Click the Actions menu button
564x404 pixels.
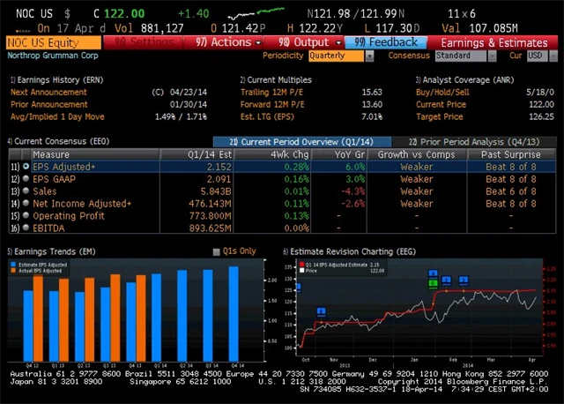(224, 42)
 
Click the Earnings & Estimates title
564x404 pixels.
(493, 42)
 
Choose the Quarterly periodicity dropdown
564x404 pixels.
(338, 56)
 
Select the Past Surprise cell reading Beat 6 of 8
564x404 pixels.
(509, 191)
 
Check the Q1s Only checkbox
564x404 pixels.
(218, 251)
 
